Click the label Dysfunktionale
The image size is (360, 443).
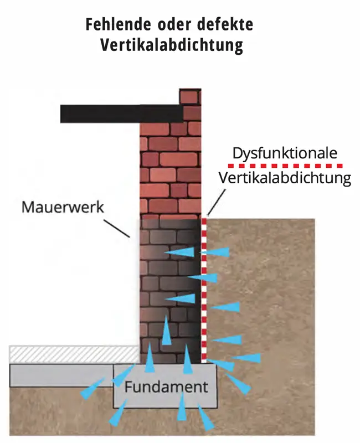click(285, 153)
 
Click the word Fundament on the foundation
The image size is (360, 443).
click(166, 386)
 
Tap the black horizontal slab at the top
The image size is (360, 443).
click(122, 113)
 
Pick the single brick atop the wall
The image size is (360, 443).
click(191, 96)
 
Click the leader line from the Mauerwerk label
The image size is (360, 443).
click(117, 229)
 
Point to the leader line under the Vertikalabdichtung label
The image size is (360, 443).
click(217, 203)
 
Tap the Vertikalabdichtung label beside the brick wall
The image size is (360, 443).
click(285, 179)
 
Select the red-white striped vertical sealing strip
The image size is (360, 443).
click(204, 288)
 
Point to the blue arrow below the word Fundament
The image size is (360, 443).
click(182, 410)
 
